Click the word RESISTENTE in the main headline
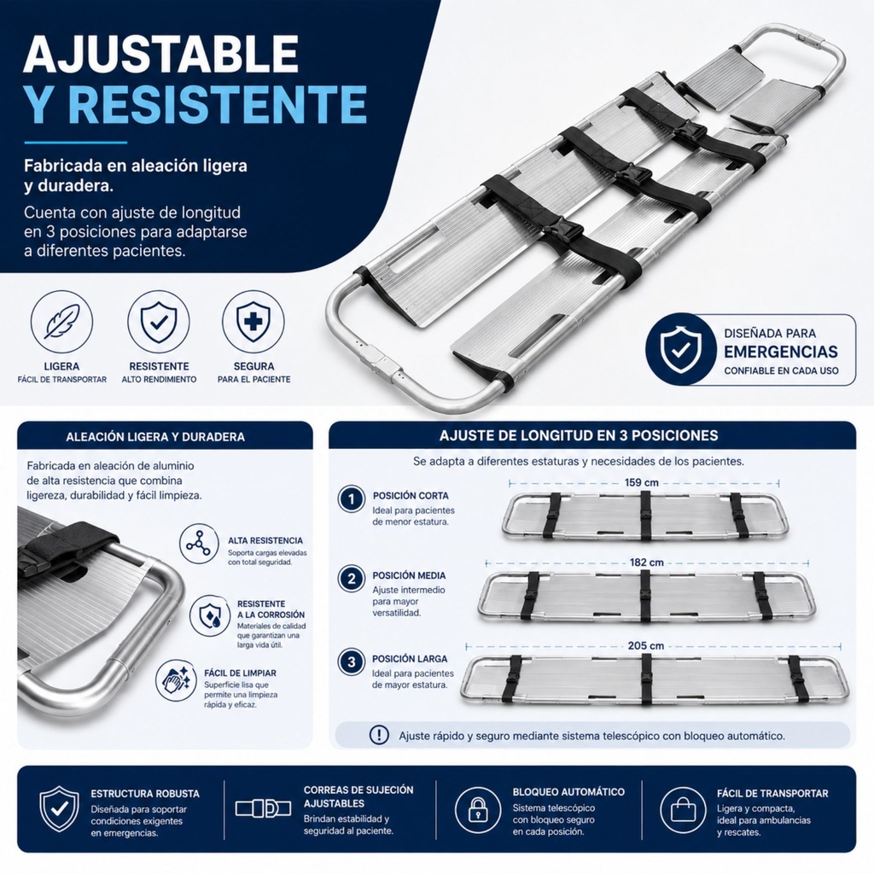(218, 104)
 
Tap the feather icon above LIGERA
(61, 323)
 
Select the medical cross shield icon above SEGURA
(253, 323)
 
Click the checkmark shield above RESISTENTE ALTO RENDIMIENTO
(158, 323)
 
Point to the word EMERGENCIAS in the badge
(780, 352)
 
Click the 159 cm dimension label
(641, 483)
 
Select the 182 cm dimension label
(647, 562)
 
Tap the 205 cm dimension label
(645, 645)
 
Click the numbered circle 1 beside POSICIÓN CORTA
(351, 498)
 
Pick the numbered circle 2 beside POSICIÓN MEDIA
(351, 580)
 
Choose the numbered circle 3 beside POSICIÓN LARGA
(351, 662)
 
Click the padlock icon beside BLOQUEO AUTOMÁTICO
(478, 809)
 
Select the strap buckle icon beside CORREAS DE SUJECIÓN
(263, 808)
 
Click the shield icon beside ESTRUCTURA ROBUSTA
(59, 809)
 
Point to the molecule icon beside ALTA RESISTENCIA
(199, 544)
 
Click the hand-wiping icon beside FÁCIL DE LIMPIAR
(176, 680)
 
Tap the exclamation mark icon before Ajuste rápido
(379, 735)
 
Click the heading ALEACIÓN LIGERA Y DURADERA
(155, 437)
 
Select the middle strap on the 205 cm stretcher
(647, 679)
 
